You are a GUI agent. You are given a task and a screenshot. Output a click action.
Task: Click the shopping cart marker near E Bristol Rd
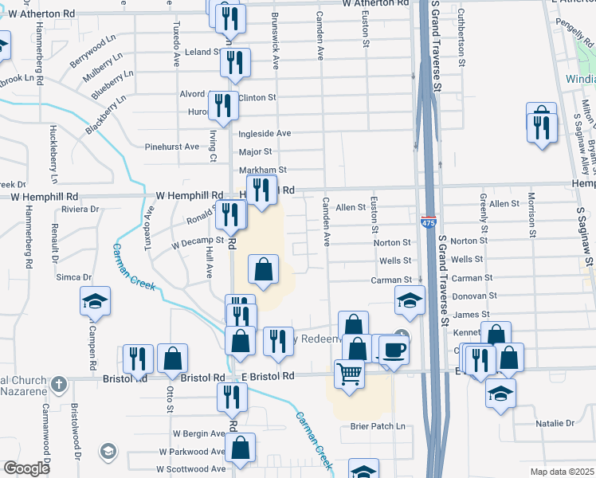tap(349, 373)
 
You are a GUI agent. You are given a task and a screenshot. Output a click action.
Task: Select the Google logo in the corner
tap(26, 468)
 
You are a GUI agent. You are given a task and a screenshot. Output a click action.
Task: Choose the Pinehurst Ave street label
tap(171, 147)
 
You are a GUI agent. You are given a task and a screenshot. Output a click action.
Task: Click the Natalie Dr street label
tap(555, 423)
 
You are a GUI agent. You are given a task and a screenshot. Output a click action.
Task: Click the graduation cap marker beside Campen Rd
tap(95, 302)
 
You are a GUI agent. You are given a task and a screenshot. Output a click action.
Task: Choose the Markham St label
tap(262, 170)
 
